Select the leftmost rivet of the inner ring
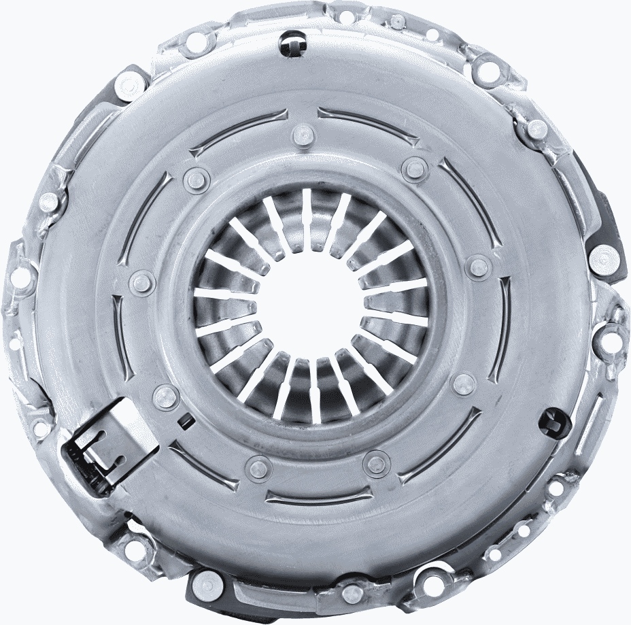tap(142, 280)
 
